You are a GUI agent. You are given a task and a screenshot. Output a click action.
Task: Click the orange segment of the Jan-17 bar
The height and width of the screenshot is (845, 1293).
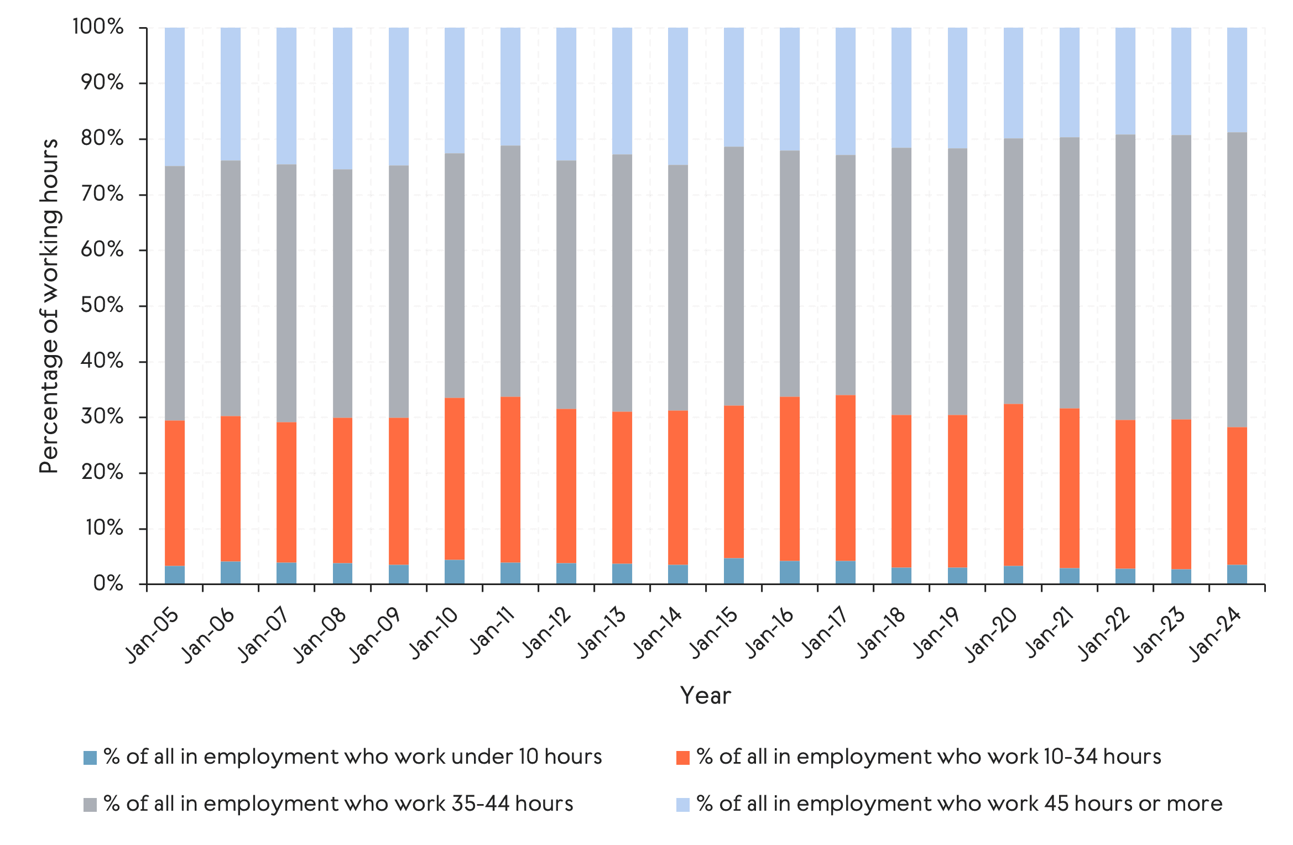click(845, 478)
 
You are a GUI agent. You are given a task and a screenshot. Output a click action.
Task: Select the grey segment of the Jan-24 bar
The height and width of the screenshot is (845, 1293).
click(1237, 279)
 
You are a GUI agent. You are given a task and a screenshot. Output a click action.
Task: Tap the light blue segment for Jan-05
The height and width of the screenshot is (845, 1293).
click(175, 97)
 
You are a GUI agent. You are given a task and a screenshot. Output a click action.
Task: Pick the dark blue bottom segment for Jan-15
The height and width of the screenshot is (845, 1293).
click(733, 571)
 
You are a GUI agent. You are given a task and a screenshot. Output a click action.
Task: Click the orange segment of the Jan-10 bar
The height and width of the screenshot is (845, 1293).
click(454, 479)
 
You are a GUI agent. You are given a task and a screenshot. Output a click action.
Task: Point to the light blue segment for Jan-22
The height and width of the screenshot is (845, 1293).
click(1125, 81)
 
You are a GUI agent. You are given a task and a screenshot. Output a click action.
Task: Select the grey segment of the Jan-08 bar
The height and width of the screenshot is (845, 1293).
click(342, 293)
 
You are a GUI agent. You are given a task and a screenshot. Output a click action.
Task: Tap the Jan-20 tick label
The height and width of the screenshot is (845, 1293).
click(993, 634)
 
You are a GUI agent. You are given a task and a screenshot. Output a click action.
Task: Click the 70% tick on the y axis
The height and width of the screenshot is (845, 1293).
click(102, 194)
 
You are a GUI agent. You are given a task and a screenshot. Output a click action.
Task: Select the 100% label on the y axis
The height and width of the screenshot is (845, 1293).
click(98, 27)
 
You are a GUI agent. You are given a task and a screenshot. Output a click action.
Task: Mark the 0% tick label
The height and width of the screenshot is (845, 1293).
click(108, 583)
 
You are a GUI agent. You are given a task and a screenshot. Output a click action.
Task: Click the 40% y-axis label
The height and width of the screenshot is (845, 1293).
click(102, 361)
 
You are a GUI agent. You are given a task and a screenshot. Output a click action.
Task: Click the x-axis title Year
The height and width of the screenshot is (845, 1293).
click(705, 696)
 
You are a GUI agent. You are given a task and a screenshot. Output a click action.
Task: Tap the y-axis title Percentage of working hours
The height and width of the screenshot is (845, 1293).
click(49, 306)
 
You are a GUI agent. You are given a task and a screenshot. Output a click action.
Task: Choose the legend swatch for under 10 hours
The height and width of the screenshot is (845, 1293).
click(90, 757)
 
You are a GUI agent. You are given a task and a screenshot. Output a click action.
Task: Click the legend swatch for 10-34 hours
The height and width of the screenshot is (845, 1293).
click(683, 757)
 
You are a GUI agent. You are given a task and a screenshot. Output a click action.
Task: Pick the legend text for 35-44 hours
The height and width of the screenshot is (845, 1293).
click(338, 804)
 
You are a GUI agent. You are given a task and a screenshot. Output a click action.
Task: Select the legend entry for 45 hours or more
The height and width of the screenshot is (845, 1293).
click(959, 804)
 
